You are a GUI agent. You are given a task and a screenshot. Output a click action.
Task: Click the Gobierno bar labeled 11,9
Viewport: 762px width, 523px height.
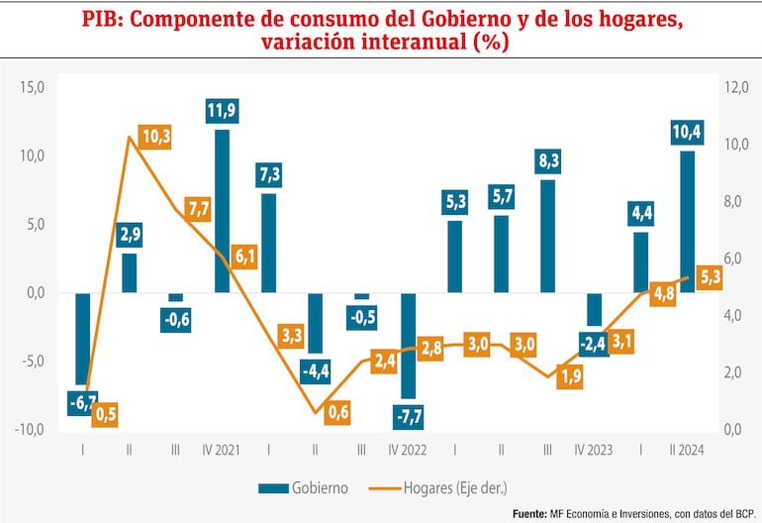click(x=222, y=210)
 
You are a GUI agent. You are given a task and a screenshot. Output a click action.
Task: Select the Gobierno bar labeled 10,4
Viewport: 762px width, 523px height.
click(x=686, y=221)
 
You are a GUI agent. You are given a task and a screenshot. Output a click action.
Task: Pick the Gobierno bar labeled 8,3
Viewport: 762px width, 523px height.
click(x=546, y=236)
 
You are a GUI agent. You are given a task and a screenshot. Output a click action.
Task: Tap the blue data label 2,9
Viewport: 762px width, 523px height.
click(x=130, y=236)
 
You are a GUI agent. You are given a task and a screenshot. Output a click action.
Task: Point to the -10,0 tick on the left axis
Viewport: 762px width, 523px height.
click(x=31, y=430)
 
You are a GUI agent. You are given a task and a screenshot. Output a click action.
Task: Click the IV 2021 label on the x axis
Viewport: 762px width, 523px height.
click(x=222, y=451)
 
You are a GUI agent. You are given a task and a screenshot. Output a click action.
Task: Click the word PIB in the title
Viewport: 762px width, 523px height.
click(x=102, y=19)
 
